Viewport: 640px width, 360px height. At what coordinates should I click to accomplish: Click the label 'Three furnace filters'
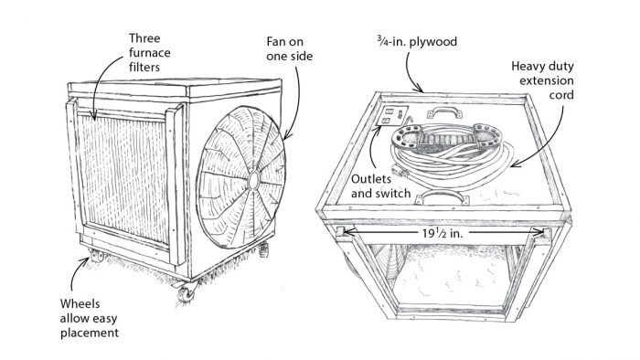[x=149, y=53]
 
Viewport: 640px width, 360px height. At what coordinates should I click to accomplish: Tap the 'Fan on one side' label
[x=290, y=49]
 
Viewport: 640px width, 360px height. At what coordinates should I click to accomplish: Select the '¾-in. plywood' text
[x=417, y=42]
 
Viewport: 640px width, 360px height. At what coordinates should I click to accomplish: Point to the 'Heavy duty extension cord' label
[x=542, y=80]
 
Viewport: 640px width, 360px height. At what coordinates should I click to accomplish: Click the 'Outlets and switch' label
[x=380, y=185]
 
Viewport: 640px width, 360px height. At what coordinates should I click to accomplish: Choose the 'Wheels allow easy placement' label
[x=90, y=318]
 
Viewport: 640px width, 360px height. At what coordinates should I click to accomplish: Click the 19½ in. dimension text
[x=443, y=233]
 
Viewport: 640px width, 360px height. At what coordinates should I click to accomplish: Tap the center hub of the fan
[x=253, y=180]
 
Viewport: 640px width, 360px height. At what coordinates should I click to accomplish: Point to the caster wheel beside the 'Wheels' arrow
[x=97, y=256]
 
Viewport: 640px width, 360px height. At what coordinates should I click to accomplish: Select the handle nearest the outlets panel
[x=444, y=111]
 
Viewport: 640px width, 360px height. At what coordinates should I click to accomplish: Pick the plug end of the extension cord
[x=400, y=171]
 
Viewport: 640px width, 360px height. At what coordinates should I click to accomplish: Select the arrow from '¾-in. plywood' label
[x=412, y=72]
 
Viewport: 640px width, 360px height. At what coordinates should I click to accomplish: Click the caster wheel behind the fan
[x=263, y=249]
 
